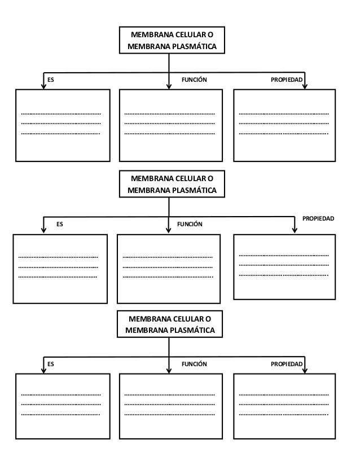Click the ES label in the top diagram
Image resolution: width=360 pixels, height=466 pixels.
point(51,80)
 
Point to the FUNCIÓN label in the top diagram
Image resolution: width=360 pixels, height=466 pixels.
point(194,80)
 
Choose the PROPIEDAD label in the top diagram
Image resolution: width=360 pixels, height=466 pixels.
point(287,80)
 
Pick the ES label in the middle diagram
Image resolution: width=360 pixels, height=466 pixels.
point(60,224)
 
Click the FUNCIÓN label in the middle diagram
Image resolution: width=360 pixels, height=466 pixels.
point(190,224)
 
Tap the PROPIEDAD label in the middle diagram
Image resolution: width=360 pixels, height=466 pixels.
point(318,218)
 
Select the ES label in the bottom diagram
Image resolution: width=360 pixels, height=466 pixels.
point(51,364)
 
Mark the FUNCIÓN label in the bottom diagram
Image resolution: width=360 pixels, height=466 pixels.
point(194,364)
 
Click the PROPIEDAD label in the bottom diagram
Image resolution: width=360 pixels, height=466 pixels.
point(287,364)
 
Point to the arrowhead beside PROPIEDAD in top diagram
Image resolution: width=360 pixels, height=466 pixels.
point(305,86)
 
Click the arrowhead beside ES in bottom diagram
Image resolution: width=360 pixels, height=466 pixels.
point(43,370)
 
